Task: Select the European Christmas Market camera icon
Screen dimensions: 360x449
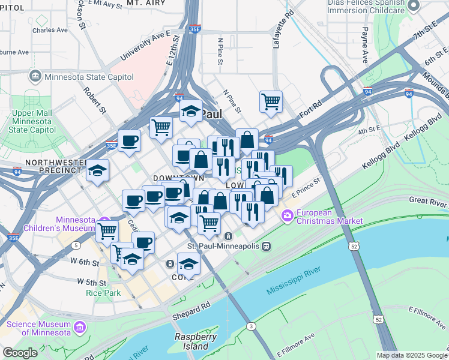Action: tap(288, 215)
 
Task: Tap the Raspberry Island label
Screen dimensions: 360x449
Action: tap(195, 341)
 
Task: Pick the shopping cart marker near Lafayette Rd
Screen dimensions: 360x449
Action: tap(271, 101)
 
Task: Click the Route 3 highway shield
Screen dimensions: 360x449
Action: tap(250, 325)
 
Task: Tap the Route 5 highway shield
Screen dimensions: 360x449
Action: tap(76, 245)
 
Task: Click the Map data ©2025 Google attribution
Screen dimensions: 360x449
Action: tap(412, 355)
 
